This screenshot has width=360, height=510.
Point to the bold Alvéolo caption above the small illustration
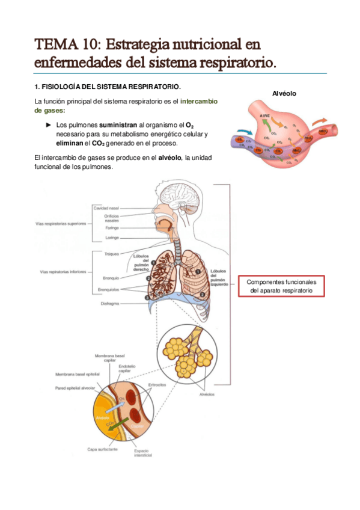284,93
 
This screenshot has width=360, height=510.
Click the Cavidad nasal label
106,207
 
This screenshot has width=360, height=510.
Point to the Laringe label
112,238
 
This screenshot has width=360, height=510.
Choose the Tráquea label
111,254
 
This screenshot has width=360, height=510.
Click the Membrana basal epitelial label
77,373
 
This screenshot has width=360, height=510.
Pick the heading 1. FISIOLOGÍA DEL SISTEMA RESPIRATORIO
107,86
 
